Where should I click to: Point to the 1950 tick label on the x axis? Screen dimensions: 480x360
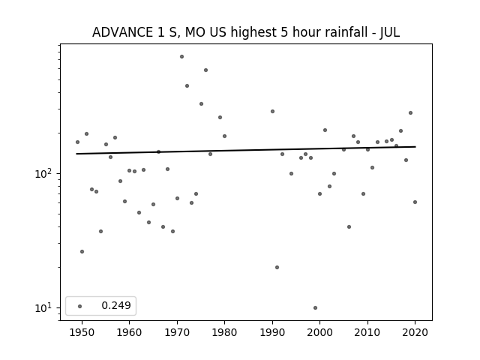82,332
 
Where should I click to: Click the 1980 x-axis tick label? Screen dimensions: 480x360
224,332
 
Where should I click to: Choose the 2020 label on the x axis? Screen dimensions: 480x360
415,332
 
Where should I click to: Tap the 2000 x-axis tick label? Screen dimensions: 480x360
320,332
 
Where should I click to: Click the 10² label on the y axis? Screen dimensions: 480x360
42,173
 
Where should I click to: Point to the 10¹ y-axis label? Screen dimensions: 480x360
42,307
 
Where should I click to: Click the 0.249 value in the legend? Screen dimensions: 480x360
116,305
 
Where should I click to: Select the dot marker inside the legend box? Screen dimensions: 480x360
80,306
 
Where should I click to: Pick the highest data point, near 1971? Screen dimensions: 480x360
181,57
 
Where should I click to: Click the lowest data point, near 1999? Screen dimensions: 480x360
315,308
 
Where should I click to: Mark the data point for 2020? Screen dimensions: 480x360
415,202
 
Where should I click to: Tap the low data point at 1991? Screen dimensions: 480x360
277,267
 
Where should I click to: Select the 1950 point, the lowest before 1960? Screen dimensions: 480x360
82,252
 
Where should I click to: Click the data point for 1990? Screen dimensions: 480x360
272,112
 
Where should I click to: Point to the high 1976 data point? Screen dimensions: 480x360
205,70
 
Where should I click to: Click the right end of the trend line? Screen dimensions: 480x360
415,147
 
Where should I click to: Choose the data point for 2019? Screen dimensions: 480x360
410,113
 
